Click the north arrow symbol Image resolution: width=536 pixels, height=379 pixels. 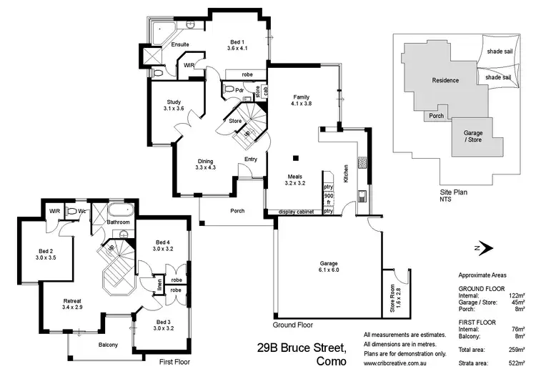pos(484,247)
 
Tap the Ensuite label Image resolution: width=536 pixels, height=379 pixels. pos(179,45)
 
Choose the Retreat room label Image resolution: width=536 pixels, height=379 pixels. pos(73,304)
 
